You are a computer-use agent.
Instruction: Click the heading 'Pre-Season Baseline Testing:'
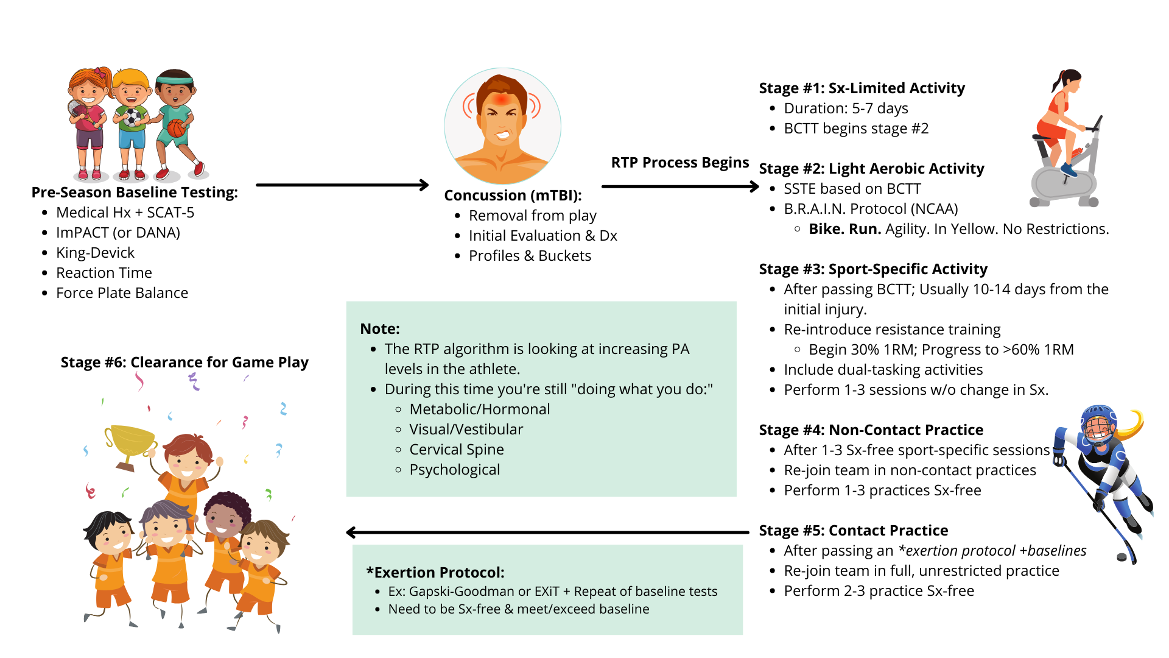coord(135,193)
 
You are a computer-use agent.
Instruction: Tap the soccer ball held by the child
coord(133,117)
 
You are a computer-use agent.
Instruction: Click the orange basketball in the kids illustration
coord(176,128)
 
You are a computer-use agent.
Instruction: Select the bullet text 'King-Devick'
coord(95,253)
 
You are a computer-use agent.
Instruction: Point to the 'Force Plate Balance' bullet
coord(122,293)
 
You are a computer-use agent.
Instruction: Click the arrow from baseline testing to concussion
coord(342,185)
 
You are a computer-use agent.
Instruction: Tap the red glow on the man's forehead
coord(502,99)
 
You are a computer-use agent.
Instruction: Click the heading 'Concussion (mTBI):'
coord(513,196)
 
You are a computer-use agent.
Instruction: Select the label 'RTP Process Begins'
coord(679,163)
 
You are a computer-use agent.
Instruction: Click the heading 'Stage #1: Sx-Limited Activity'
coord(862,88)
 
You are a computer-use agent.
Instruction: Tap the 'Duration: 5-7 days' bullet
coord(846,108)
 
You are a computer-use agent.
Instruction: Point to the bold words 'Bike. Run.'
coord(844,229)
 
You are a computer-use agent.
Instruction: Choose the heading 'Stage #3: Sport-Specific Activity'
coord(873,269)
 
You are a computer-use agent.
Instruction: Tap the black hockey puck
coord(1122,557)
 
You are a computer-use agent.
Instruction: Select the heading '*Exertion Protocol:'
coord(435,573)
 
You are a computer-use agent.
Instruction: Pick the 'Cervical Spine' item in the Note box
coord(456,450)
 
